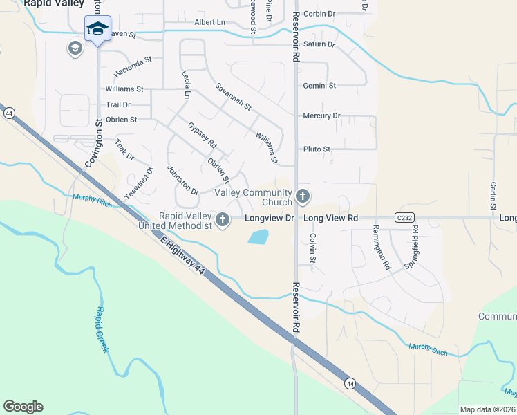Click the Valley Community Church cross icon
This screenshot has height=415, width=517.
click(x=302, y=196)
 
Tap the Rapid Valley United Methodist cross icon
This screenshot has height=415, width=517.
click(x=222, y=220)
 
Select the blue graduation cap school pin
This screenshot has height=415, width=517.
click(x=97, y=29)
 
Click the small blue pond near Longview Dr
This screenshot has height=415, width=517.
click(x=257, y=237)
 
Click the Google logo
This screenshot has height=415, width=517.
click(x=23, y=407)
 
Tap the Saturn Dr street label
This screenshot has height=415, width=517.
click(x=319, y=44)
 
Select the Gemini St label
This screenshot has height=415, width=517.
click(x=319, y=86)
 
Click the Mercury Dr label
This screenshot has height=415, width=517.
click(x=321, y=116)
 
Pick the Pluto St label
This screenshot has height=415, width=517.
click(x=317, y=149)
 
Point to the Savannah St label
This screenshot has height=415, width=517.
click(x=232, y=97)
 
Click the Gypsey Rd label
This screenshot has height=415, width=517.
click(x=203, y=135)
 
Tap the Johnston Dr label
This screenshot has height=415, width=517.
click(x=182, y=181)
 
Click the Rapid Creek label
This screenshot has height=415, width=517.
click(x=102, y=330)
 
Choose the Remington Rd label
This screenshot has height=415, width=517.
click(x=382, y=247)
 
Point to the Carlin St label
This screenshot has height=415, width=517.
click(x=493, y=196)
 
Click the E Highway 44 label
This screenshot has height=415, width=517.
click(x=182, y=256)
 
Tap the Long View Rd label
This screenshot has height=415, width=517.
click(x=331, y=218)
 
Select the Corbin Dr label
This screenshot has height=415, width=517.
click(x=319, y=14)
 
